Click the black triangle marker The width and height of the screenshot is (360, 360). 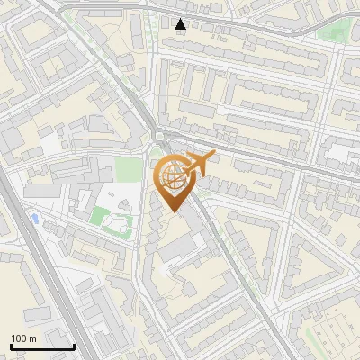[x=181, y=23]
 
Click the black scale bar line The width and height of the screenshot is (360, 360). [x=42, y=346]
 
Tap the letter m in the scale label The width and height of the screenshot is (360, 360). [x=33, y=338]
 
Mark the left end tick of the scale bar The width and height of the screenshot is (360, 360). [x=11, y=345]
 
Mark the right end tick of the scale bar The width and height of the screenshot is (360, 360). [x=74, y=345]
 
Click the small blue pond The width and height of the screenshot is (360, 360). [x=34, y=218]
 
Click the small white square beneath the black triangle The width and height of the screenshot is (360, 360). [x=181, y=32]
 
